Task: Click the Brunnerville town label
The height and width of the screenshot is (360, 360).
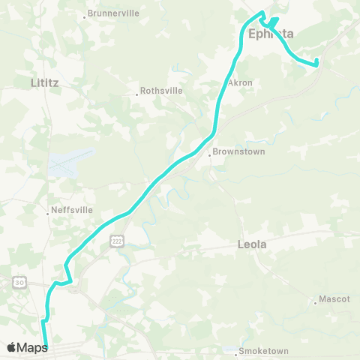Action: pos(115,13)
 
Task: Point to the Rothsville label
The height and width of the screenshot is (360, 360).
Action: pos(162,93)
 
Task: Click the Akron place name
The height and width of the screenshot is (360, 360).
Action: pos(240,82)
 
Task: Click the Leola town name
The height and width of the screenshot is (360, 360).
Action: pos(252,244)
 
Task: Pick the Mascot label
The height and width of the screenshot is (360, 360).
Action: pos(334,298)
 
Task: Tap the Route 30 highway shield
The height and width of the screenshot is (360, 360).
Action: pos(18,281)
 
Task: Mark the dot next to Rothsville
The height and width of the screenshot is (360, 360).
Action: pos(138,94)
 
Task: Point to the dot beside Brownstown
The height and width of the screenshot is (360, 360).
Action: pos(209,156)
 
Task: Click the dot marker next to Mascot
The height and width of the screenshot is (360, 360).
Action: pos(315,303)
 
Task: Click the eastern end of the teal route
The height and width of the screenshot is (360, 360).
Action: pos(317,62)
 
